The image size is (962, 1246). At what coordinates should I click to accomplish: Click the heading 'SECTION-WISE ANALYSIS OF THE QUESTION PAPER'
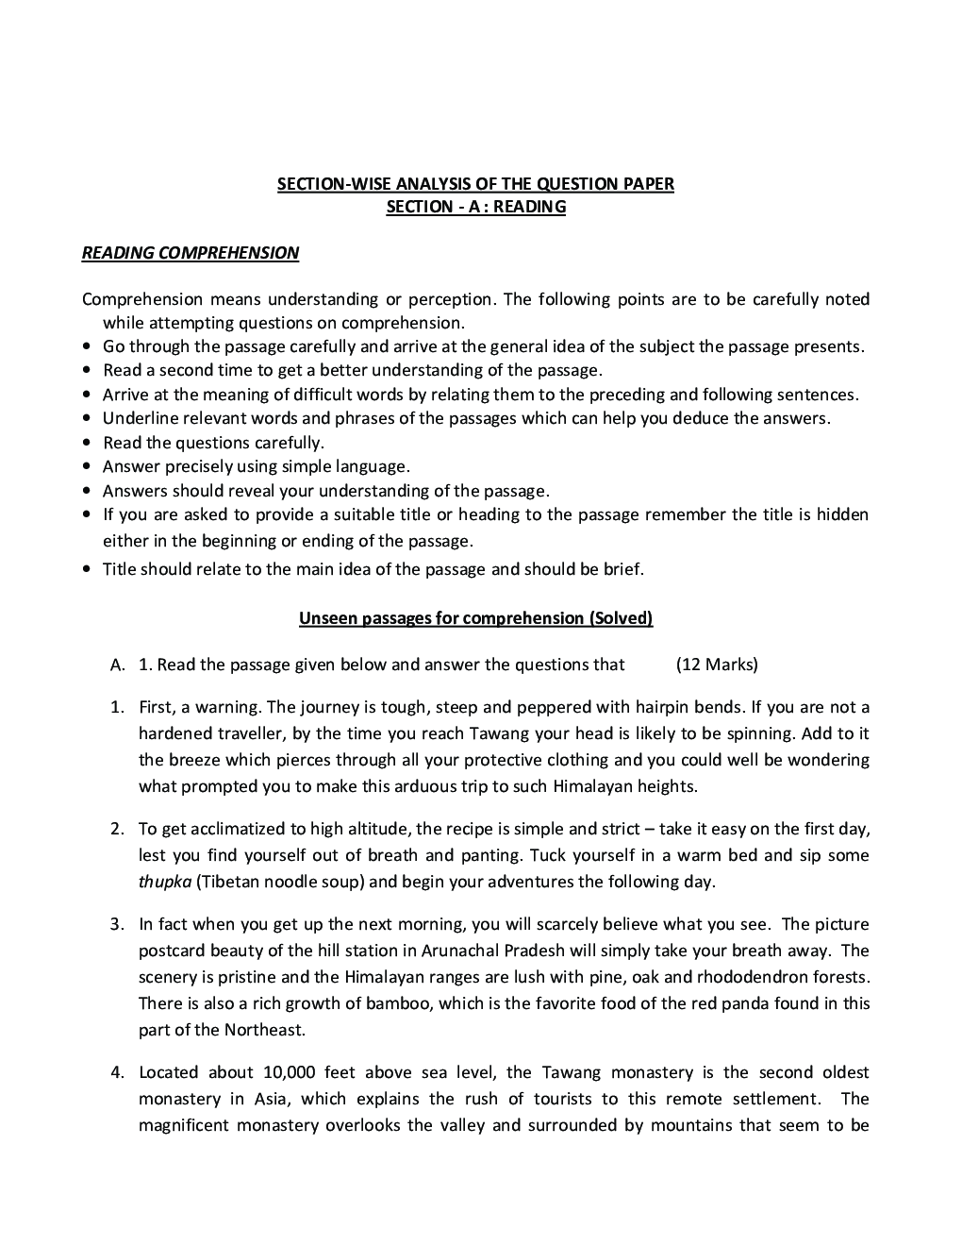pyautogui.click(x=475, y=184)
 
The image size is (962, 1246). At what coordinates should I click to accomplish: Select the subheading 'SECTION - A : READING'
pyautogui.click(x=475, y=207)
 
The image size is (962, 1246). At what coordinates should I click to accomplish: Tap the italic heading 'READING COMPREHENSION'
pyautogui.click(x=191, y=253)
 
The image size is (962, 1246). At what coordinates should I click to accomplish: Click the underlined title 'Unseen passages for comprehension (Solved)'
pyautogui.click(x=475, y=618)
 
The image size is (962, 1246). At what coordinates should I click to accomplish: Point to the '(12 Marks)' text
pyautogui.click(x=717, y=665)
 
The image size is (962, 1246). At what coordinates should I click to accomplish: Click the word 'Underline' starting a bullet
pyautogui.click(x=141, y=418)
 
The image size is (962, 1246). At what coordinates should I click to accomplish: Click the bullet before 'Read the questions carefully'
pyautogui.click(x=87, y=443)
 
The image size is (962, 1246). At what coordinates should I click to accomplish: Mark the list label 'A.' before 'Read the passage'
pyautogui.click(x=118, y=665)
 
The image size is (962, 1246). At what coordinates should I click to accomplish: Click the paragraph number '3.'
pyautogui.click(x=117, y=924)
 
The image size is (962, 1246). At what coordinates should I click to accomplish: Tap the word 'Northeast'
pyautogui.click(x=265, y=1030)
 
